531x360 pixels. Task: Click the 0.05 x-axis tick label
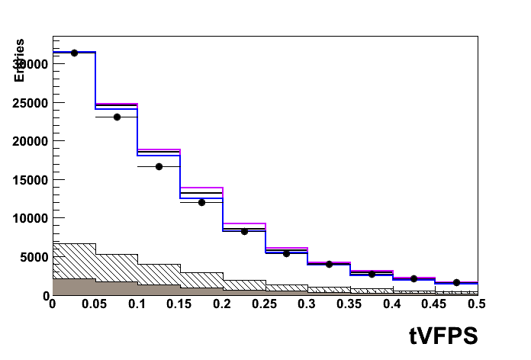tap(95, 304)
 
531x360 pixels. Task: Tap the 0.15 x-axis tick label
tap(179, 304)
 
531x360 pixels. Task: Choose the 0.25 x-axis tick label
tap(265, 304)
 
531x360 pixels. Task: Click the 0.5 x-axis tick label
tap(476, 304)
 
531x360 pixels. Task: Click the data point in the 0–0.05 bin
tap(74, 53)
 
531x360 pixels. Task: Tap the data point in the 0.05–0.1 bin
tap(117, 117)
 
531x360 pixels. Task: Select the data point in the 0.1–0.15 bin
tap(159, 166)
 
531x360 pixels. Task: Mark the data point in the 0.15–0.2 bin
tap(201, 202)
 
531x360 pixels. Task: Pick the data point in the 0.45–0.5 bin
tap(456, 282)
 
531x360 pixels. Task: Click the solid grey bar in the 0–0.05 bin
tap(74, 287)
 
